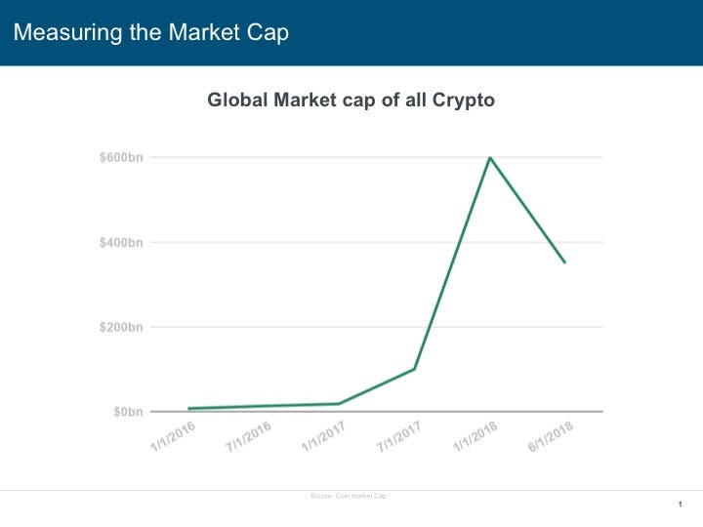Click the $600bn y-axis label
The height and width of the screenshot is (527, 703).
pyautogui.click(x=121, y=157)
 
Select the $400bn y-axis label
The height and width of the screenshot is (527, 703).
pyautogui.click(x=121, y=242)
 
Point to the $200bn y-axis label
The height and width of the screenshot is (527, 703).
pyautogui.click(x=121, y=327)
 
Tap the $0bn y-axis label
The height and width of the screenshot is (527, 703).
pyautogui.click(x=127, y=412)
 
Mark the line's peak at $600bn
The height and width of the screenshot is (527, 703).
pyautogui.click(x=489, y=157)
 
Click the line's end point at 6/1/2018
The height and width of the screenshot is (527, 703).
pyautogui.click(x=564, y=263)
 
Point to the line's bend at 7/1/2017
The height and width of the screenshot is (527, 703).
pyautogui.click(x=415, y=369)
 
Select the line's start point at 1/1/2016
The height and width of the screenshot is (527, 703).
pyautogui.click(x=188, y=408)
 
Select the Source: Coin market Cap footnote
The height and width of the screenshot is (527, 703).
pyautogui.click(x=350, y=497)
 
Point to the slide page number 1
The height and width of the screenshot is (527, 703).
pyautogui.click(x=679, y=504)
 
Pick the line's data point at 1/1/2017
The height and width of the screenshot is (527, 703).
pyautogui.click(x=339, y=403)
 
